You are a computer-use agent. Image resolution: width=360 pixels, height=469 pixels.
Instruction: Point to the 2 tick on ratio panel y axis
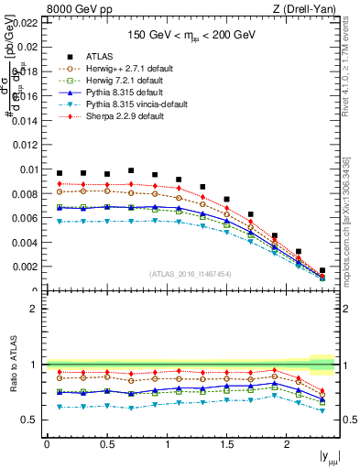tap(37, 309)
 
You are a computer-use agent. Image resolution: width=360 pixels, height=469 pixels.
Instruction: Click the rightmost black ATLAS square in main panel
tap(322, 270)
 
